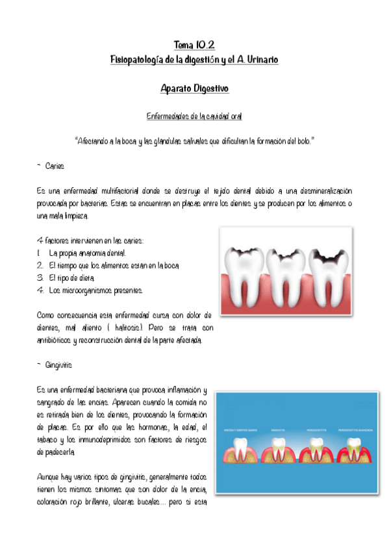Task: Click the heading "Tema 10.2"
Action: [194, 45]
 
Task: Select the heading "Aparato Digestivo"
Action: [194, 88]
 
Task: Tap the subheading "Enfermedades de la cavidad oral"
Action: [194, 116]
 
